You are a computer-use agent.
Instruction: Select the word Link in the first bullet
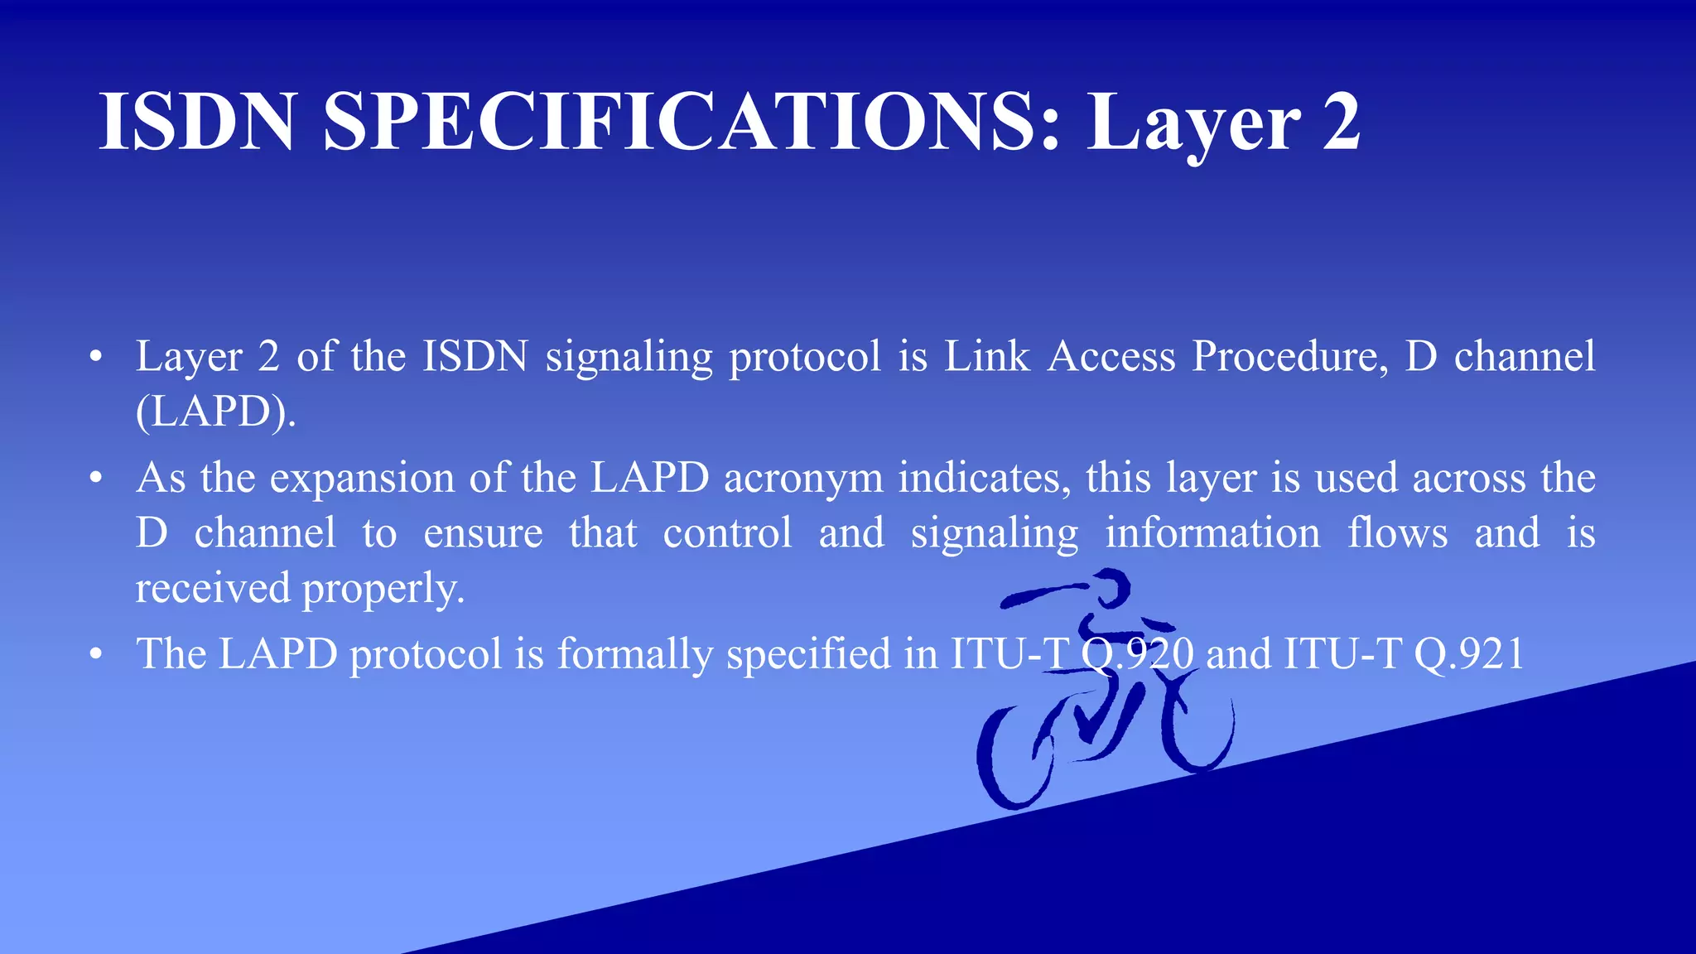[986, 357]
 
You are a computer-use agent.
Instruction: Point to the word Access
[1111, 357]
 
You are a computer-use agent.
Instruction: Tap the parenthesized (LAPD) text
[215, 412]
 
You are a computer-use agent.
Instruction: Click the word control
[727, 533]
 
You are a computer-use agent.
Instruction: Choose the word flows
[1398, 533]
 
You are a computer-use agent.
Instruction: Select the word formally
[634, 654]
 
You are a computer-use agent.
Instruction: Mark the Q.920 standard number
[1137, 654]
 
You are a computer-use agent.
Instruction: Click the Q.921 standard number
[1469, 654]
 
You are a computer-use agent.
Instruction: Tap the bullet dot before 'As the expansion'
[97, 479]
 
